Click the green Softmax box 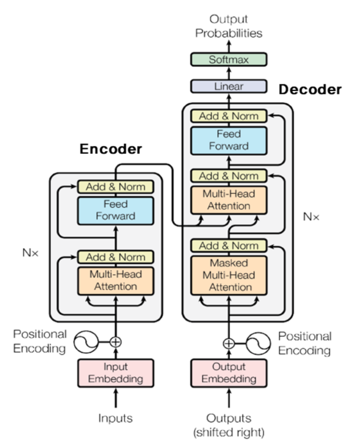coord(228,60)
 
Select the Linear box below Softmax coord(228,86)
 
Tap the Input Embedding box coord(116,372)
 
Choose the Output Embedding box coord(229,372)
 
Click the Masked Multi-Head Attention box coord(229,275)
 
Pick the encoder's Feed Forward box coord(116,210)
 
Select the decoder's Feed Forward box coord(229,140)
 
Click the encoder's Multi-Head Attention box coord(116,280)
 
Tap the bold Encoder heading coord(111,149)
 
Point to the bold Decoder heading coord(310,90)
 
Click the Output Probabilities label coord(228,26)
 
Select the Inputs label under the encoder coord(116,418)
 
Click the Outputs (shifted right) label coord(229,425)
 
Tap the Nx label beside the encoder coord(30,252)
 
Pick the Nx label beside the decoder coord(311,216)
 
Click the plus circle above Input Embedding coord(116,342)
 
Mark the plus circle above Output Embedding coord(229,343)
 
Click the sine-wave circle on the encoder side coord(86,342)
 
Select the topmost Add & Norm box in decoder coord(229,116)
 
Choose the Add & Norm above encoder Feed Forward coord(116,187)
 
